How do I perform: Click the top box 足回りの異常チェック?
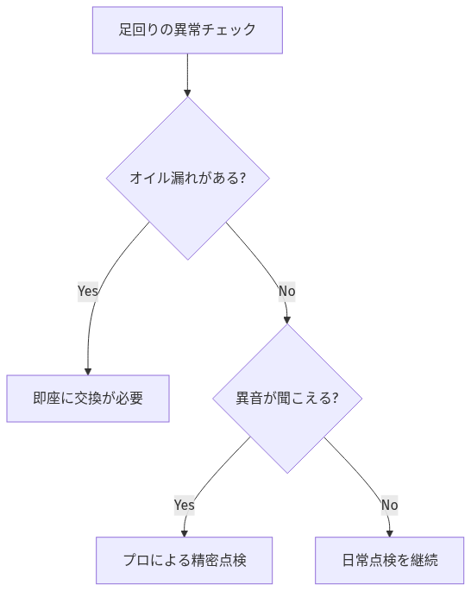(187, 30)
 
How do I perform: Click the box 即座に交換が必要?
(88, 399)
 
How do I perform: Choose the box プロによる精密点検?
(184, 560)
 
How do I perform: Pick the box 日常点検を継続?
(389, 560)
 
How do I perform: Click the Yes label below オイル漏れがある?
(88, 292)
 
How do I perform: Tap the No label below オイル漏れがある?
(286, 292)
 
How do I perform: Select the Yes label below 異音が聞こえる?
(184, 505)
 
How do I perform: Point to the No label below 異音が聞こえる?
(389, 505)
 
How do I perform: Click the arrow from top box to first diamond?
(187, 74)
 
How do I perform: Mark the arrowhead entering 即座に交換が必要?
(88, 370)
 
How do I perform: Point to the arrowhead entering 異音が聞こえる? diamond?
(286, 318)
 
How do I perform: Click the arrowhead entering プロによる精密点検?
(184, 532)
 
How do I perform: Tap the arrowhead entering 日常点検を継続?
(390, 532)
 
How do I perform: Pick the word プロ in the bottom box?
(135, 560)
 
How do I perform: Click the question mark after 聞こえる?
(334, 399)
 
